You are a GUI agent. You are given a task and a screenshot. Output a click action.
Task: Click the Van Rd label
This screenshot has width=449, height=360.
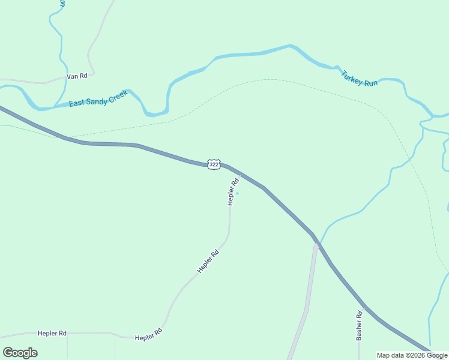(77, 76)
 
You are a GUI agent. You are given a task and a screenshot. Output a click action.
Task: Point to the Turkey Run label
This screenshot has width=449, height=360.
(360, 79)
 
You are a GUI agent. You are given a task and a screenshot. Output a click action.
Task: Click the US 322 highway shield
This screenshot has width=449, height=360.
(214, 164)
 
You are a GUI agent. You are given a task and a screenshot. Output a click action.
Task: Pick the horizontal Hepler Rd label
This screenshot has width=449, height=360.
(52, 333)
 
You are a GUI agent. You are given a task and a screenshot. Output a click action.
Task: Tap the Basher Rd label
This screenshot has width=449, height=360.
(359, 325)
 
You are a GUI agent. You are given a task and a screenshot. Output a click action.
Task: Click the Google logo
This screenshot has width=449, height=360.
(20, 353)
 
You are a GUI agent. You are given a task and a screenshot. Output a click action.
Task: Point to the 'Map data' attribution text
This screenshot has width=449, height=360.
(412, 355)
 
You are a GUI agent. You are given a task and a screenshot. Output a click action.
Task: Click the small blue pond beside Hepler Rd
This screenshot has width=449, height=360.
(238, 193)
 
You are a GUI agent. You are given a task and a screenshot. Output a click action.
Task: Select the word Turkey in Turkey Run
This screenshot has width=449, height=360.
(352, 76)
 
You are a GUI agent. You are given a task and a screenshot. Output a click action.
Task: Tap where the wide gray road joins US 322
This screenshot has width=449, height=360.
(315, 242)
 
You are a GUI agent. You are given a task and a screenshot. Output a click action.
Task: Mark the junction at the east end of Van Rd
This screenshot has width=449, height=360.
(94, 73)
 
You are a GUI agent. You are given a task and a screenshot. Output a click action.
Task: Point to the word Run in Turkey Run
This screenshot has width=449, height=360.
(371, 82)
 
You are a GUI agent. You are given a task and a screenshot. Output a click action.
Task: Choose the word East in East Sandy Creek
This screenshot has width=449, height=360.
(76, 103)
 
